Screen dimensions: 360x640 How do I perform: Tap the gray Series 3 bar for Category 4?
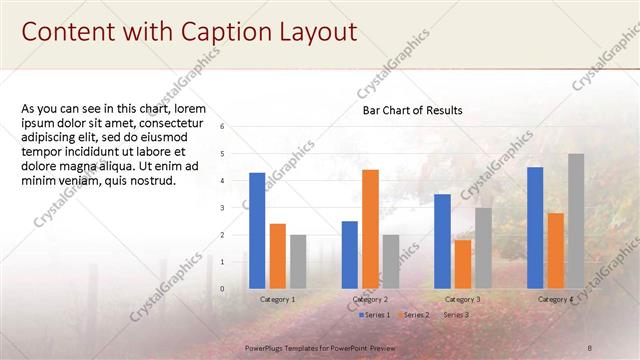[x=576, y=221]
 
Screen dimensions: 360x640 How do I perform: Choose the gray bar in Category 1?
[x=298, y=262]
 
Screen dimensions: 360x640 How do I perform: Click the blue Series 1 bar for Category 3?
[x=442, y=241]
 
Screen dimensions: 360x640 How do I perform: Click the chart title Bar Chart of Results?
[x=412, y=110]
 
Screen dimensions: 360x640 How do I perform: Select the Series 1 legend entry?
[x=374, y=315]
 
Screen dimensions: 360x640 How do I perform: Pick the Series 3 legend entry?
[x=456, y=315]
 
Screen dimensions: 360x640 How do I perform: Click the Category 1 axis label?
[x=278, y=300]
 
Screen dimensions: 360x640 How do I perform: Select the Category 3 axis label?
[x=462, y=300]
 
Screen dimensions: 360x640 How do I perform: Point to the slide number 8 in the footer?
[x=589, y=346]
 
